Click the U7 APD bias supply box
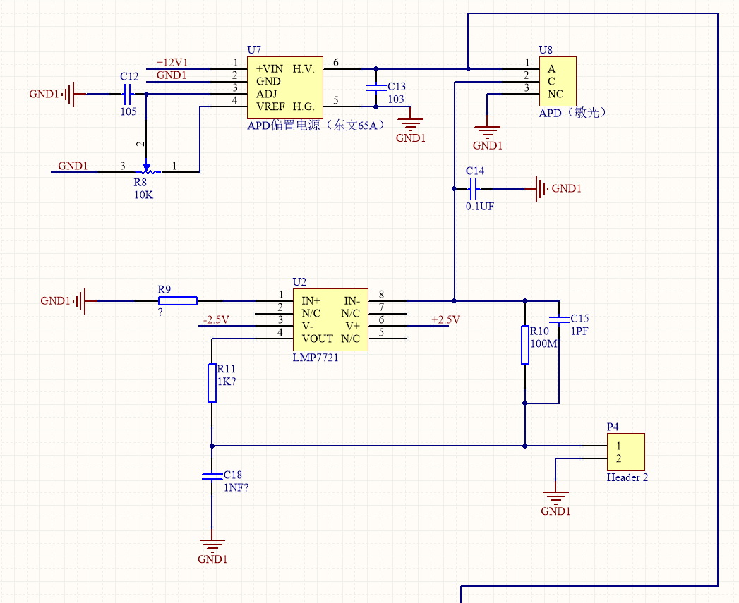284,87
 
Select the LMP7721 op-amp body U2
330,319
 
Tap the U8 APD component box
558,82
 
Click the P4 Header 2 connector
626,452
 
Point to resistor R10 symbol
525,345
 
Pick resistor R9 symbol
177,301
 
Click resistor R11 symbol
212,383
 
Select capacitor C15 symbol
559,319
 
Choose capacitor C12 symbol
128,93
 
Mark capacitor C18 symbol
212,475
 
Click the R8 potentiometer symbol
147,170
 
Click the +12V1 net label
172,63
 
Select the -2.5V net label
215,320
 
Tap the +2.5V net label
445,320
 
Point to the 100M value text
542,344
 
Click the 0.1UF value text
480,207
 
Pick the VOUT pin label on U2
318,339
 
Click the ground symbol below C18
212,544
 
